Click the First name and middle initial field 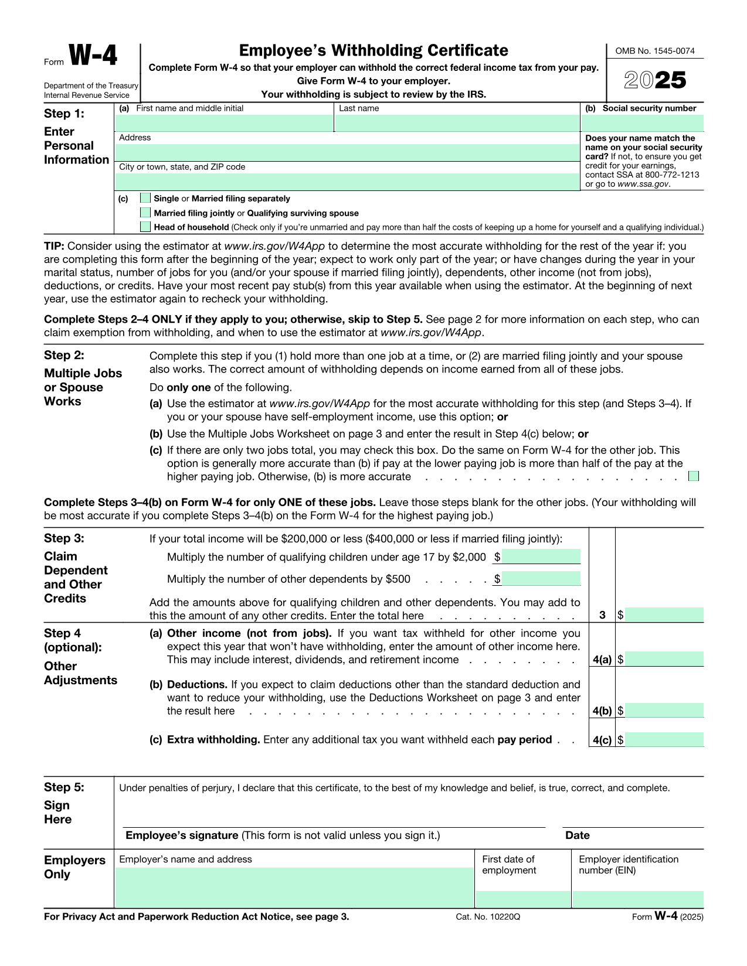point(224,123)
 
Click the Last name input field point(457,123)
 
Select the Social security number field point(642,123)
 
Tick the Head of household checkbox point(145,227)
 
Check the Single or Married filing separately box point(145,198)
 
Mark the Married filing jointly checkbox point(145,213)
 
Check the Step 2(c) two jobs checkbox point(694,476)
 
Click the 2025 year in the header point(655,80)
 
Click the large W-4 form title point(93,56)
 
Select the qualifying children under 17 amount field point(541,557)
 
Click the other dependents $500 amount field point(541,579)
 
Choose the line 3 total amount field point(664,615)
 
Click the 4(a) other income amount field point(664,659)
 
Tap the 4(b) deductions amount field point(664,711)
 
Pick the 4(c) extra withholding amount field point(664,739)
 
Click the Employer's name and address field point(294,887)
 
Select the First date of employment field point(522,899)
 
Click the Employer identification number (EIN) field point(637,899)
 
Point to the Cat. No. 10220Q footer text point(487,917)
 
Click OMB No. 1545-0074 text point(654,51)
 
